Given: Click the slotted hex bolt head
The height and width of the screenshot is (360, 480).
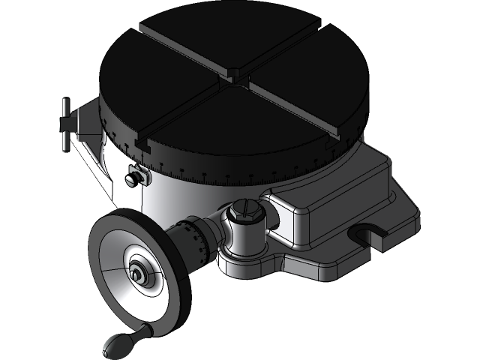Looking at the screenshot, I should pos(245,211).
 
